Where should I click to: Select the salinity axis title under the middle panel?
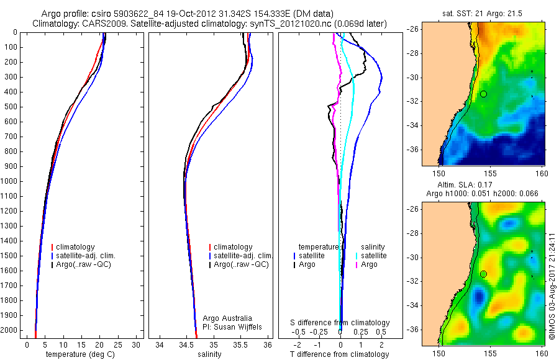coord(209,354)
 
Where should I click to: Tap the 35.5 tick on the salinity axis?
coord(240,344)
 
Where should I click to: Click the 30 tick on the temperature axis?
coord(137,344)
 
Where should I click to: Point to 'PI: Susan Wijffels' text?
coord(233,326)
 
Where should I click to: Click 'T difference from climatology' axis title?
coord(339,354)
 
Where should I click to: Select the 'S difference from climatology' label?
coord(340,323)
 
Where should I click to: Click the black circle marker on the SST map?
coord(483,94)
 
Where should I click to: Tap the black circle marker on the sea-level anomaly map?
coord(483,274)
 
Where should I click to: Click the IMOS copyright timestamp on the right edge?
coord(552,286)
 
